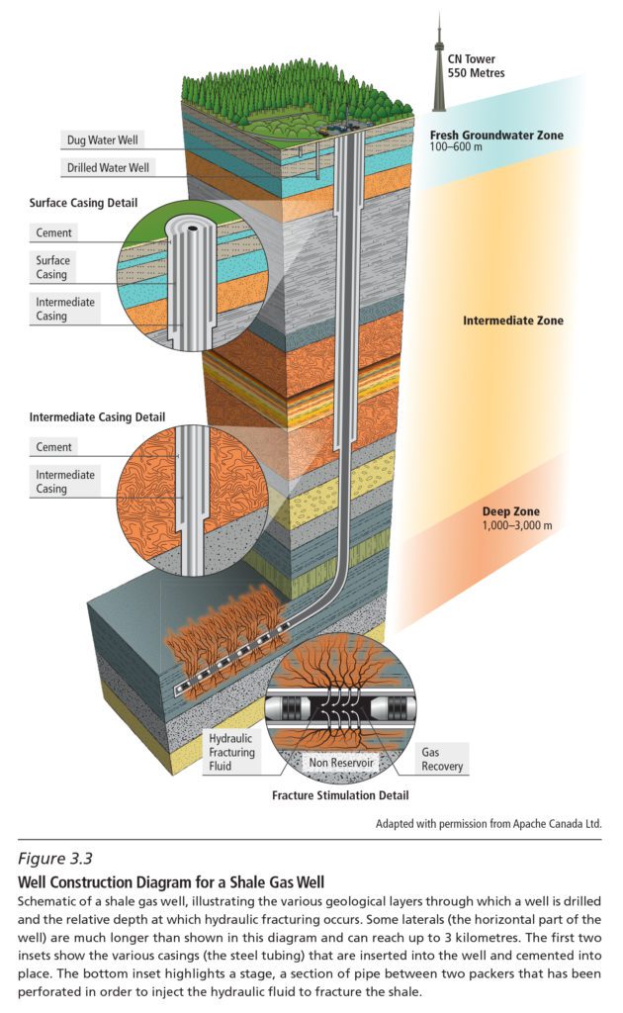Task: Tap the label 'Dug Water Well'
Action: coord(100,139)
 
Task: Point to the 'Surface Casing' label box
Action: coord(54,267)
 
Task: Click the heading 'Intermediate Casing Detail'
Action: coord(96,416)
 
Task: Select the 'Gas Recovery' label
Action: coord(440,759)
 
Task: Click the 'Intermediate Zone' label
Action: coord(512,321)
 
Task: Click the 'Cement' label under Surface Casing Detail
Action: coord(54,233)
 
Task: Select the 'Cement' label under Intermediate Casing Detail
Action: coord(54,447)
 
